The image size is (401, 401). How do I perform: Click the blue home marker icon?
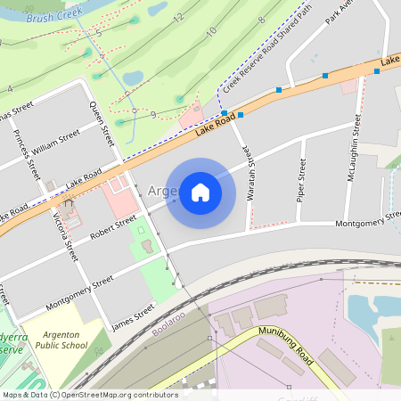(200, 192)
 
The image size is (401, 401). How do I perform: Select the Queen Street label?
(103, 124)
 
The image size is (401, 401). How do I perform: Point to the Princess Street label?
(29, 154)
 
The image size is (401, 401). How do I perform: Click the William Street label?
(56, 143)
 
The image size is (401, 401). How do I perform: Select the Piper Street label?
(302, 178)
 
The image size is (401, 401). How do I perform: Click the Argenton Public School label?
(61, 340)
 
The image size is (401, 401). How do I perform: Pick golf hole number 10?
(211, 32)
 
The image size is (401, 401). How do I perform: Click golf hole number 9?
(153, 114)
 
